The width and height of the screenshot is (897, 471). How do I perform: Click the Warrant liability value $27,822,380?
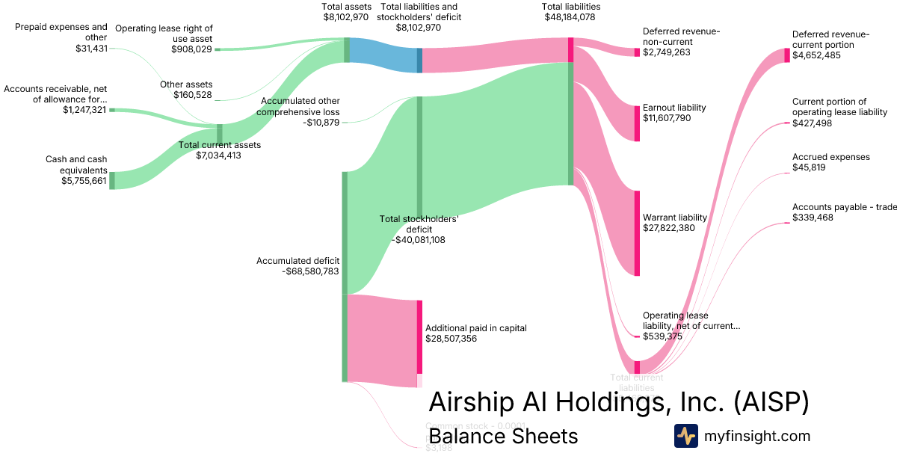(669, 228)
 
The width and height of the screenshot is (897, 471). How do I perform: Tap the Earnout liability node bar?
(637, 123)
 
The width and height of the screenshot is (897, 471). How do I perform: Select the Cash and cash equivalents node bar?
(112, 180)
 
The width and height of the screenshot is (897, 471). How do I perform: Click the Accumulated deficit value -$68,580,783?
(311, 271)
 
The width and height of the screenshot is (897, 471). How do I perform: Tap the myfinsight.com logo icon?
(685, 436)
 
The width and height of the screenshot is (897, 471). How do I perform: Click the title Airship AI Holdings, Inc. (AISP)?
(619, 401)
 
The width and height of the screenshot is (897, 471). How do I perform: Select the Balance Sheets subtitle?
(502, 436)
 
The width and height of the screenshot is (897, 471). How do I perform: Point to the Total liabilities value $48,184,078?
(570, 16)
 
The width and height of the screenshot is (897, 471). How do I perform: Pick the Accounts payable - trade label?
(844, 207)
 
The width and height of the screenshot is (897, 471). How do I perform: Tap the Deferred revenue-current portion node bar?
(786, 55)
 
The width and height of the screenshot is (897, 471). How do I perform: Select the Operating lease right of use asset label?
(164, 33)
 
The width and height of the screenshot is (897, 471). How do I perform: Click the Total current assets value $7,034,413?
(218, 156)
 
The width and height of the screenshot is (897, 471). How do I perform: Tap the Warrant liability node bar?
(637, 233)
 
